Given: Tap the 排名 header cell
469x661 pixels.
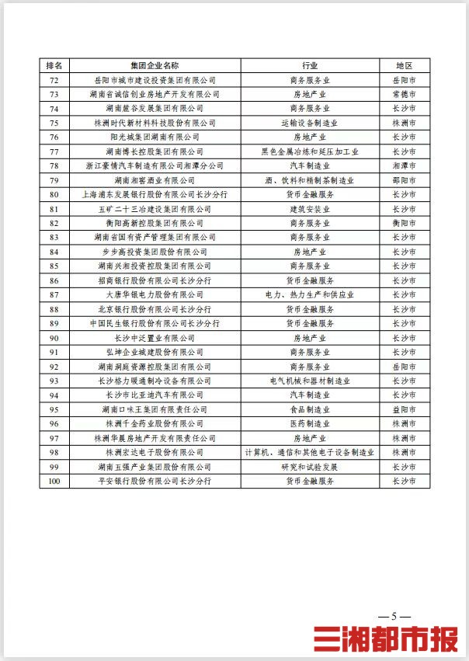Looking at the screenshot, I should click(x=54, y=66).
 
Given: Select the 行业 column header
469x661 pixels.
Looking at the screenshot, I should click(x=310, y=66).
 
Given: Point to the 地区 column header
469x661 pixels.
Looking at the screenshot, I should click(x=404, y=66).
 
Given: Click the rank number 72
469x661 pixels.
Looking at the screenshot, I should click(x=54, y=80).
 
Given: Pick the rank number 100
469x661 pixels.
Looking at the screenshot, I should click(x=54, y=481).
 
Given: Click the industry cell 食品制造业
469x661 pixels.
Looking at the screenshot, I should click(x=310, y=409).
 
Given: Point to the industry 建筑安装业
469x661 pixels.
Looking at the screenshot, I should click(x=310, y=209).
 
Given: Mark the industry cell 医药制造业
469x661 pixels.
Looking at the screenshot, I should click(x=310, y=423).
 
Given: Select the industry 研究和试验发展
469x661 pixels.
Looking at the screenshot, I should click(x=310, y=467).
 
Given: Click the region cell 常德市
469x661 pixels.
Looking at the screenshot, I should click(x=404, y=94).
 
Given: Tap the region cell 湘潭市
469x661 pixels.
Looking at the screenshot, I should click(x=404, y=165).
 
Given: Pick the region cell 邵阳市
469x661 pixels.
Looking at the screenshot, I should click(x=404, y=180).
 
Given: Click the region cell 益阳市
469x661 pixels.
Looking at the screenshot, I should click(x=404, y=409).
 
